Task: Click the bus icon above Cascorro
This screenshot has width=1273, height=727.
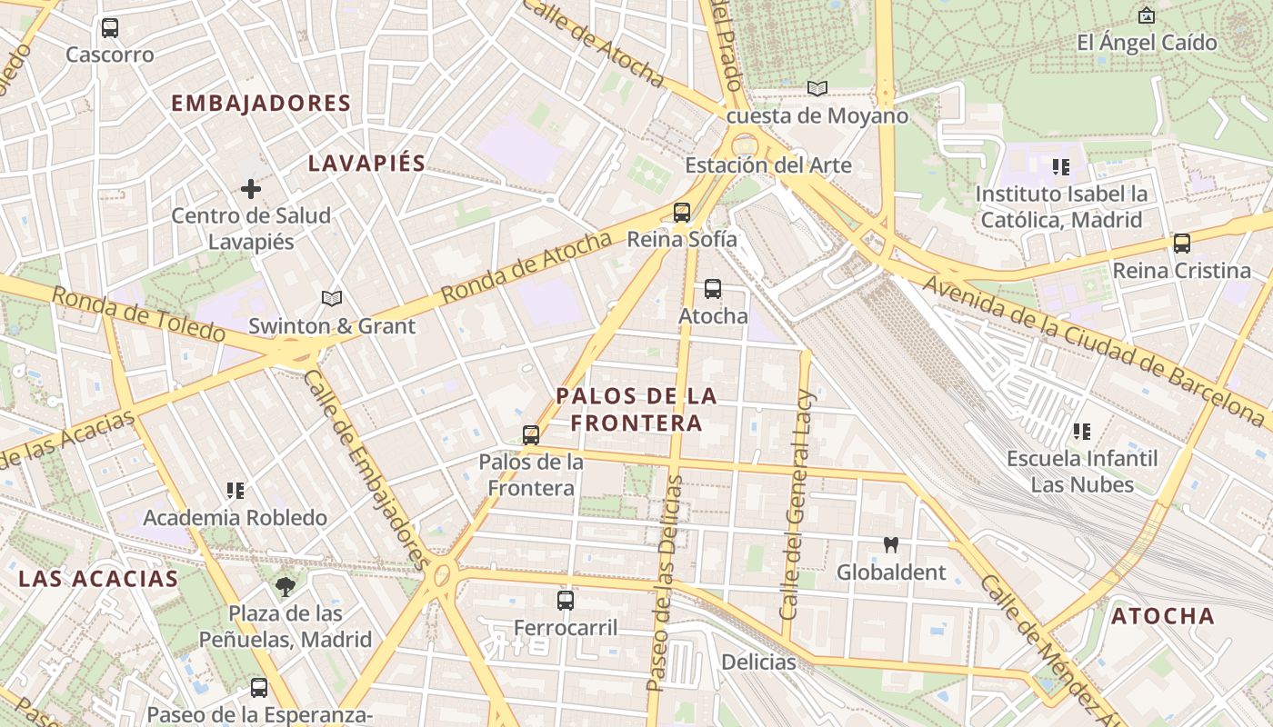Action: point(110,28)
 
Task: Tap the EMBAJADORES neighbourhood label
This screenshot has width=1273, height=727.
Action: point(261,104)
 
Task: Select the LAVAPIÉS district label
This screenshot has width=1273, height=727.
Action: point(366,164)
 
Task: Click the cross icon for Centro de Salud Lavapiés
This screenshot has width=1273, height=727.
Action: point(251,189)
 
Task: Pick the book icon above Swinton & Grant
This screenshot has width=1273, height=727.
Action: point(332,298)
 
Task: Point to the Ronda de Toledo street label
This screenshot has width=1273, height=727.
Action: point(137,314)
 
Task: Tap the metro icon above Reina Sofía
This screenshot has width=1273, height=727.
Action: point(682,213)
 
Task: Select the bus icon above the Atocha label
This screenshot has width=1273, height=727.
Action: point(713,289)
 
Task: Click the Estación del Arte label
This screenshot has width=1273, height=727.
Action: point(767,165)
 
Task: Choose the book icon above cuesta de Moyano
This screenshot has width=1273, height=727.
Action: point(817,88)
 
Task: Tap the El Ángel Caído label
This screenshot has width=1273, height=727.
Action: point(1147,43)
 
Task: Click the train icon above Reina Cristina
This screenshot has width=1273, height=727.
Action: point(1182,244)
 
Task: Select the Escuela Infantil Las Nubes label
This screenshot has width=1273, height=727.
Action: point(1082,472)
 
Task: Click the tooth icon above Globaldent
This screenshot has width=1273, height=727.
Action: point(891,545)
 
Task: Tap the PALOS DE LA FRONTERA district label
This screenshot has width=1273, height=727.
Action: point(636,409)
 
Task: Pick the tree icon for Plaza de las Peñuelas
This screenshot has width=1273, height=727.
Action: point(286,586)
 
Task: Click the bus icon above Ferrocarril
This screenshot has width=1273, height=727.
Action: point(566,600)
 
